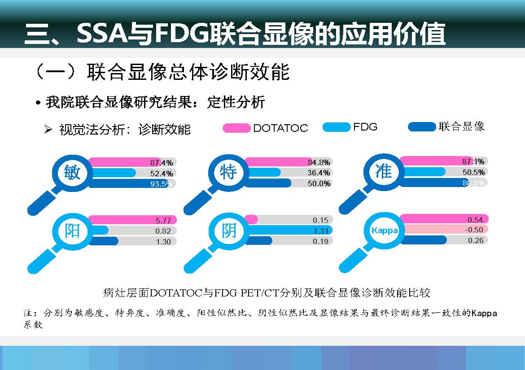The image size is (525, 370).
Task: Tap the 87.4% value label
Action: click(162, 162)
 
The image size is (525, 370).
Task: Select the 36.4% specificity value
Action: click(319, 173)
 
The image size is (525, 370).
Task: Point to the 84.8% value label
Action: click(319, 162)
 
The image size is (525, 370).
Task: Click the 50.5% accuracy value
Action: click(473, 172)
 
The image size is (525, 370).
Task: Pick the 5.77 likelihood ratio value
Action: click(163, 220)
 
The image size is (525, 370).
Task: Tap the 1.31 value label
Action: click(321, 231)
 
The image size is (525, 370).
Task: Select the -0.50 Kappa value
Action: click(475, 230)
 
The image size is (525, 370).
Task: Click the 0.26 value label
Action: click(476, 240)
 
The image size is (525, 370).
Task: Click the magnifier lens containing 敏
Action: click(72, 172)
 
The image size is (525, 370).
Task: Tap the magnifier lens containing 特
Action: click(228, 172)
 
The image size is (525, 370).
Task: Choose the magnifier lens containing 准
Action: click(383, 171)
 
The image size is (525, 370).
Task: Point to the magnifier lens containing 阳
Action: click(72, 231)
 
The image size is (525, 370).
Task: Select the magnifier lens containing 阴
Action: click(228, 231)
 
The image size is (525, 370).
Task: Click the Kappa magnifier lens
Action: click(384, 230)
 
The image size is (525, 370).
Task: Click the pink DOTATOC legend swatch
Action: click(236, 128)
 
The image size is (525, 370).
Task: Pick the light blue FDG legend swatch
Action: click(336, 127)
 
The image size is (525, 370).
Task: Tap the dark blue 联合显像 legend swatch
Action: click(421, 126)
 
